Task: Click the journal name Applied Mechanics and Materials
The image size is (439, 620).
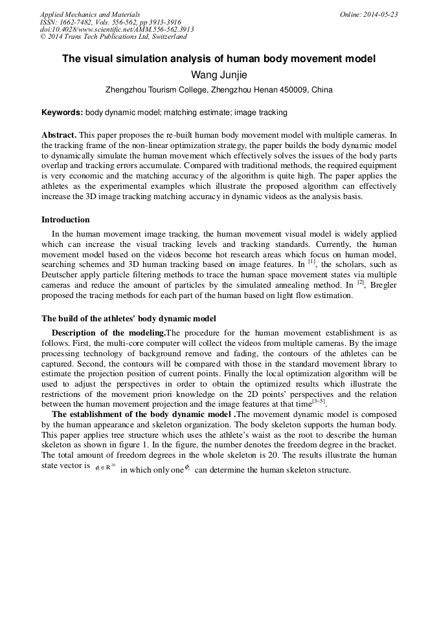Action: pyautogui.click(x=89, y=14)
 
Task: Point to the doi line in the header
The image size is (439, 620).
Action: pyautogui.click(x=117, y=29)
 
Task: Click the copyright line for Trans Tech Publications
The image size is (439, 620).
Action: pyautogui.click(x=113, y=37)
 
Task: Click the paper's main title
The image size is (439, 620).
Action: pyautogui.click(x=219, y=59)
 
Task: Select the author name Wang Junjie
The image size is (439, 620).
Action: pyautogui.click(x=219, y=75)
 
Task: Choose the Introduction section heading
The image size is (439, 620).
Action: pyautogui.click(x=65, y=220)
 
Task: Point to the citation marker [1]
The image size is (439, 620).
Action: pyautogui.click(x=311, y=262)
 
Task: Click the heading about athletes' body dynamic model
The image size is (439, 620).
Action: pyautogui.click(x=128, y=318)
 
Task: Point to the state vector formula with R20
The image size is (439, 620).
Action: pyautogui.click(x=104, y=467)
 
